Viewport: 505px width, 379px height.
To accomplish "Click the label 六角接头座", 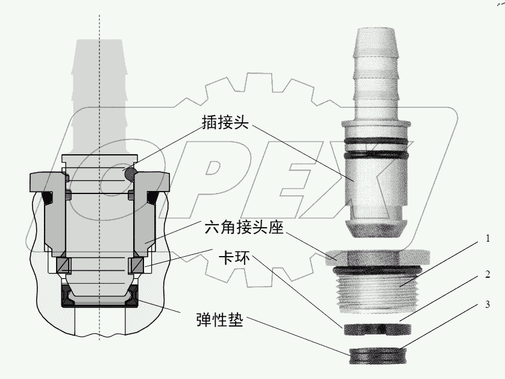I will click(x=243, y=228).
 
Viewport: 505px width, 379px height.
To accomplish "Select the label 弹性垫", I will click(x=219, y=319).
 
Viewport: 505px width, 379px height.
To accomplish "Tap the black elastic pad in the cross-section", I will click(x=100, y=299).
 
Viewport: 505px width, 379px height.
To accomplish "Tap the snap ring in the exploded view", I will click(x=378, y=329).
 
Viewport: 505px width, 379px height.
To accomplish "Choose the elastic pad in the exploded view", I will click(x=378, y=356).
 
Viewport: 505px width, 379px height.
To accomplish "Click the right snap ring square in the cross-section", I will click(x=136, y=265).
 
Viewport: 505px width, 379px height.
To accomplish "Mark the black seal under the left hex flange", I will click(x=48, y=198).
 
